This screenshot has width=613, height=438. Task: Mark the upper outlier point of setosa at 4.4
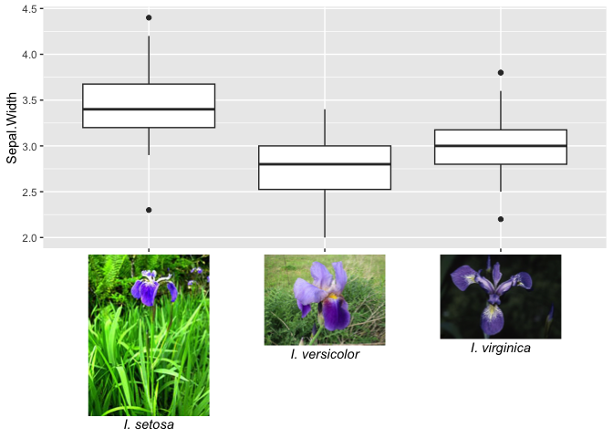(x=149, y=17)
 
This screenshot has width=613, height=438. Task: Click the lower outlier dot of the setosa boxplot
(x=149, y=210)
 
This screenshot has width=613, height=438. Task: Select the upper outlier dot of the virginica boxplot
(x=501, y=72)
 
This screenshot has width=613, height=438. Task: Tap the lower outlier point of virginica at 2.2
(x=501, y=219)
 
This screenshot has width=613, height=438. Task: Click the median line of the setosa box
(x=149, y=109)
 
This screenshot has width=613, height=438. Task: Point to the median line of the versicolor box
(x=325, y=164)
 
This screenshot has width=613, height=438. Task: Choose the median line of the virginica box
(x=501, y=146)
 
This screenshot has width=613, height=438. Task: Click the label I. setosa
(x=149, y=424)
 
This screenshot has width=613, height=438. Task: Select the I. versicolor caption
(x=325, y=354)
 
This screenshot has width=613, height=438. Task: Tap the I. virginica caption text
(x=501, y=348)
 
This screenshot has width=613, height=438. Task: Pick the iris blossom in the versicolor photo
(x=325, y=297)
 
